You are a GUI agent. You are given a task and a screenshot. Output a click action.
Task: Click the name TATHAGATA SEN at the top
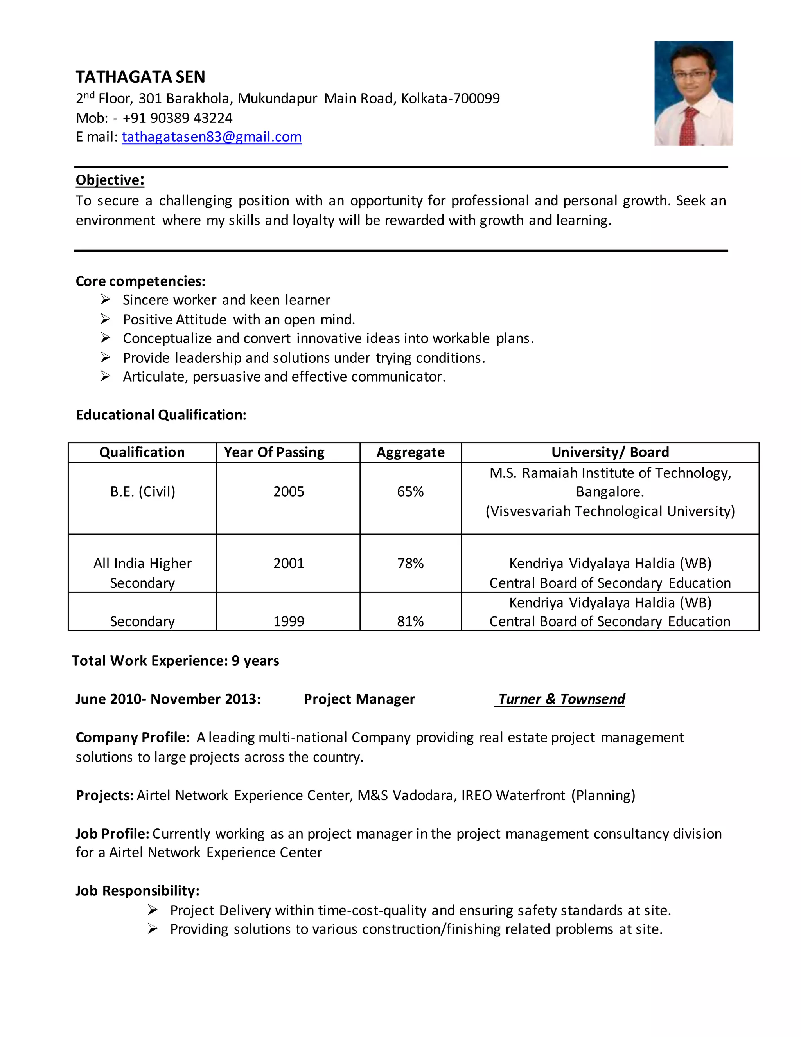click(x=140, y=77)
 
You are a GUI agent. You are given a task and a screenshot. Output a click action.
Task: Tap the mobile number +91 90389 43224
click(x=178, y=118)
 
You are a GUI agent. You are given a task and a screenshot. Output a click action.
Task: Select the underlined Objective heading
click(x=110, y=180)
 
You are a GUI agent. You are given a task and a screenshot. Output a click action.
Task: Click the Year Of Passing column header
click(x=274, y=452)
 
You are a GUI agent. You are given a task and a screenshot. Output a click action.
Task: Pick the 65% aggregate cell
click(x=410, y=491)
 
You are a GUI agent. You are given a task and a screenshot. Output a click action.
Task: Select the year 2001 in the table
click(x=289, y=563)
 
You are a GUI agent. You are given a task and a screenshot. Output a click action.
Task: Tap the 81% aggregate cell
click(x=410, y=621)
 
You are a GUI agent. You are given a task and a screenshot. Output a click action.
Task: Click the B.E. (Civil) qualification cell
click(x=142, y=491)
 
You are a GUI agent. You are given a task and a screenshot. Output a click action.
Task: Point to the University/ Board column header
click(x=610, y=452)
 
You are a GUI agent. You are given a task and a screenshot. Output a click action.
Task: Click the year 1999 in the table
click(x=289, y=621)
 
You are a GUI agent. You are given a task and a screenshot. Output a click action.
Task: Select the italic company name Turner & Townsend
click(x=561, y=699)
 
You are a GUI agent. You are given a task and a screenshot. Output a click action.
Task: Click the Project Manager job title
click(x=359, y=699)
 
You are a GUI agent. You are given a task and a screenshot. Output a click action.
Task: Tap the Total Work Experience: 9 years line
click(x=175, y=661)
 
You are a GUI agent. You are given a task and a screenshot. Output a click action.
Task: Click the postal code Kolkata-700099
click(x=450, y=98)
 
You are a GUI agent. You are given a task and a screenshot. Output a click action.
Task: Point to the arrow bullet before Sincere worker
click(x=105, y=300)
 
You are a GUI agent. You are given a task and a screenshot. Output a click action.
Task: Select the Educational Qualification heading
click(x=161, y=415)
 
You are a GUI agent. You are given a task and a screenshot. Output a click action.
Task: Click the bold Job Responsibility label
click(x=137, y=891)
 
